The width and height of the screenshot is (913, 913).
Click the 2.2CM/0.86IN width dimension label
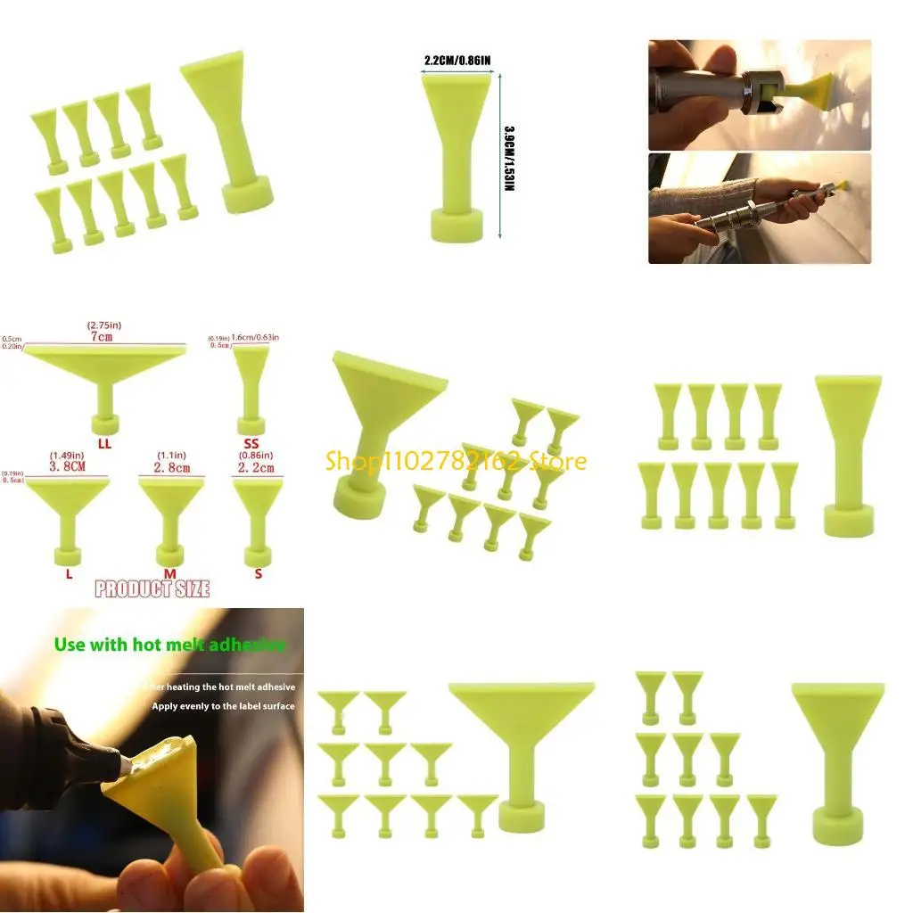[x=457, y=61]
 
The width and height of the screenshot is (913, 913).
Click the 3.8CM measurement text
[x=67, y=465]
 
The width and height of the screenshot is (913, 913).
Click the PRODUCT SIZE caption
[x=152, y=588]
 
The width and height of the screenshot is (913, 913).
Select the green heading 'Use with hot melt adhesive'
[x=169, y=644]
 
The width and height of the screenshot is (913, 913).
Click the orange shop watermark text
[x=456, y=461]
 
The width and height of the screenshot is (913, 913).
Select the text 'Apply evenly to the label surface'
[x=223, y=706]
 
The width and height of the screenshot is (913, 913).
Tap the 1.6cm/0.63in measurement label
[x=255, y=338]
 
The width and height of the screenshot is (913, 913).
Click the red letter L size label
[x=69, y=573]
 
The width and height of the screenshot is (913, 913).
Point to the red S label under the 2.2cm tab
[x=259, y=573]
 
